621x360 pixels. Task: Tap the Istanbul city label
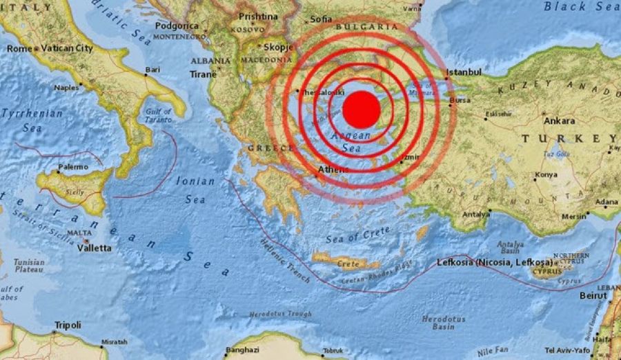[x=464, y=72]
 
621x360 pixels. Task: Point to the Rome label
[x=19, y=48]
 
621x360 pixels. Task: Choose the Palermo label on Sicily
[x=72, y=167]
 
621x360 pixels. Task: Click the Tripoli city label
[x=67, y=325]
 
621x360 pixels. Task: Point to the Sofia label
[x=321, y=19]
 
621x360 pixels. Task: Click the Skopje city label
[x=279, y=48]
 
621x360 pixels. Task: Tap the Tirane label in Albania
[x=204, y=74]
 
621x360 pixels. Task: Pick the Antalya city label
[x=476, y=214]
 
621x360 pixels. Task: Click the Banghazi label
[x=241, y=349]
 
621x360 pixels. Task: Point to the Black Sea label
[x=581, y=7]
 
